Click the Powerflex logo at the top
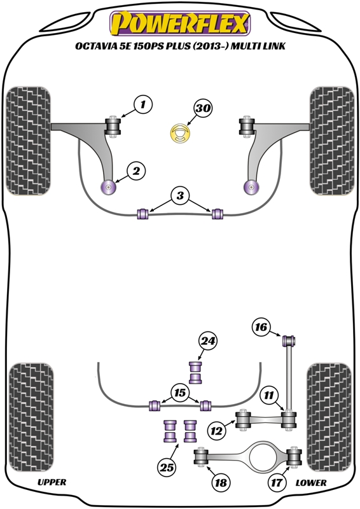click(180, 24)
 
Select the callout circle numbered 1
click(143, 104)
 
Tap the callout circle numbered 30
click(203, 108)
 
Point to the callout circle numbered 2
click(136, 171)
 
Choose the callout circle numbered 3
click(180, 196)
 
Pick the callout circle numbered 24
click(208, 341)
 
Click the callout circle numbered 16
click(261, 327)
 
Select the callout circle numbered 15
click(180, 393)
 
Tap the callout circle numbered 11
click(269, 395)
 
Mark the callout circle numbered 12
click(217, 431)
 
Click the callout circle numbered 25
click(167, 468)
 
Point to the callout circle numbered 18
click(221, 483)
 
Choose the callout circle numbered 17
click(277, 483)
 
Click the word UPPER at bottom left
click(52, 482)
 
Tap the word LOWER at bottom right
click(311, 483)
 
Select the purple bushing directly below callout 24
click(195, 372)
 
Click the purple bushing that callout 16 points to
click(289, 341)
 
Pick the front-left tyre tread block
click(29, 141)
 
